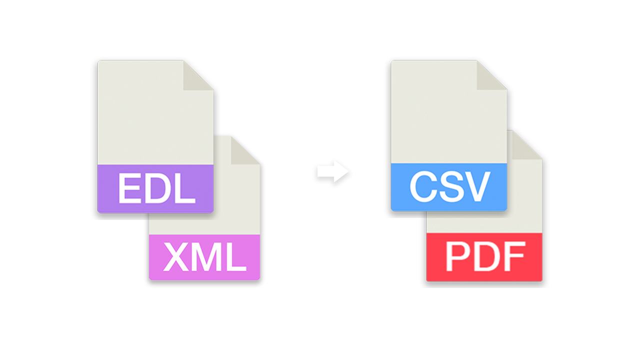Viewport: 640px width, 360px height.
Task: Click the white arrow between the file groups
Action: (333, 171)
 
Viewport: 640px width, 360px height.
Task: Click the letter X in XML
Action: (176, 256)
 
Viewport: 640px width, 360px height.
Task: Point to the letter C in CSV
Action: (424, 186)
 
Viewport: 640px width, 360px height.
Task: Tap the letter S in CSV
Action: (452, 186)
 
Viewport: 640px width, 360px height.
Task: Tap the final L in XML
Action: (235, 256)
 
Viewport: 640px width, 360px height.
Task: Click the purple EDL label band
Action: (155, 188)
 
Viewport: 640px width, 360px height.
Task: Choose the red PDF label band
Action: (484, 257)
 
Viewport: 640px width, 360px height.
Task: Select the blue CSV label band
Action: (449, 187)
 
